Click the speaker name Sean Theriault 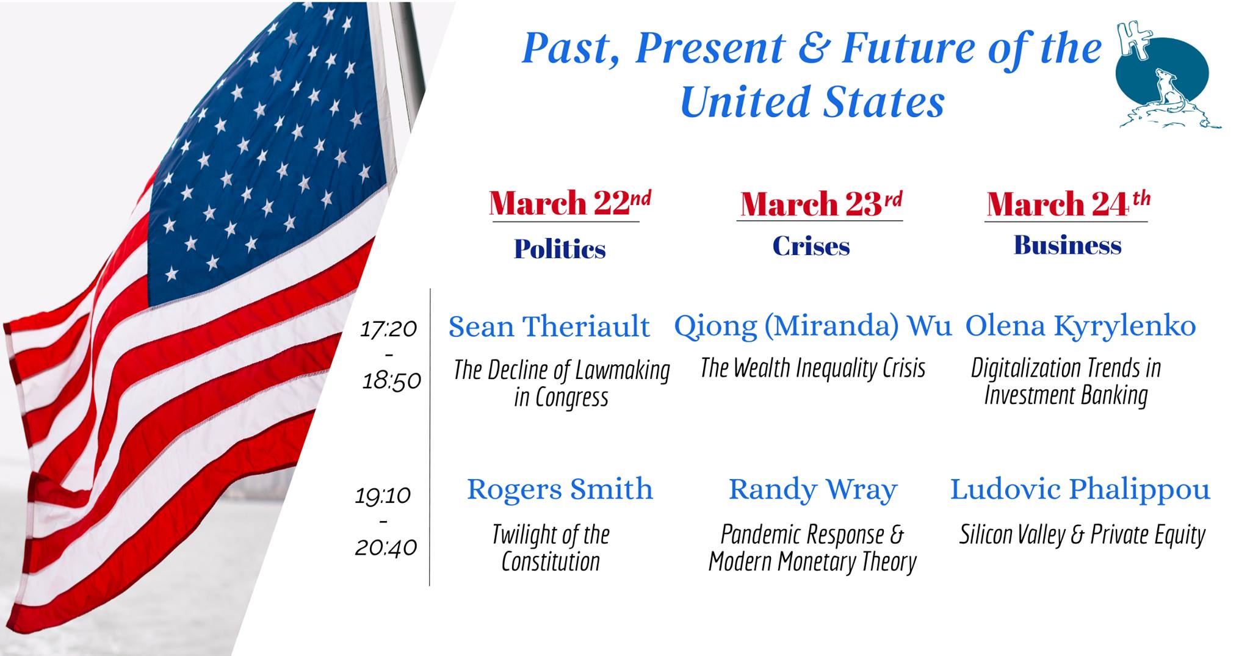(549, 326)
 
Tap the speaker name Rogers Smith (560, 489)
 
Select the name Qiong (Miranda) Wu (812, 326)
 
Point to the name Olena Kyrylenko (1080, 326)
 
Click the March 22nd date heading (569, 203)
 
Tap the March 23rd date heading (821, 204)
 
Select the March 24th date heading (1068, 204)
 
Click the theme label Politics (560, 249)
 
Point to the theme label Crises (811, 246)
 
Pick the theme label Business (1068, 245)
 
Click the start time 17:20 (389, 330)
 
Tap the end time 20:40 (386, 547)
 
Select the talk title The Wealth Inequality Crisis (812, 368)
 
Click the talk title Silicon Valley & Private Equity (1082, 535)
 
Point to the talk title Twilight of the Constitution (551, 548)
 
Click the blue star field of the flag (275, 153)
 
